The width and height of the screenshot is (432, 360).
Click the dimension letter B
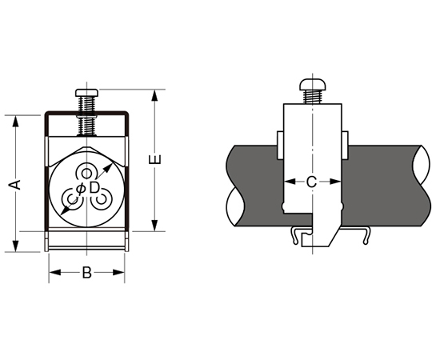coord(86,273)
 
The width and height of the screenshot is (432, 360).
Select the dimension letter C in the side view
coord(312,182)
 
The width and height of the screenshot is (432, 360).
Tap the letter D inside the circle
coord(94,188)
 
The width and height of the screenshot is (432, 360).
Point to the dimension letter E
coord(155,160)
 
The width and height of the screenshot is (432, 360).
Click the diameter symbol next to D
coord(81,189)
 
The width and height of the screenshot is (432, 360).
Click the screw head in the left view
coord(86,93)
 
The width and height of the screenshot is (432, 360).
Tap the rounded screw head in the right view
coord(313,85)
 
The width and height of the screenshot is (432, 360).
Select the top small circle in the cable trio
coord(86,174)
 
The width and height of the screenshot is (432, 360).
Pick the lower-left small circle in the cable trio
coord(73,199)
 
